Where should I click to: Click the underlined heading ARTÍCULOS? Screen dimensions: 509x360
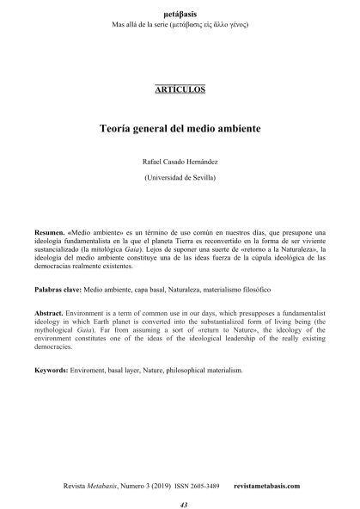180,89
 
